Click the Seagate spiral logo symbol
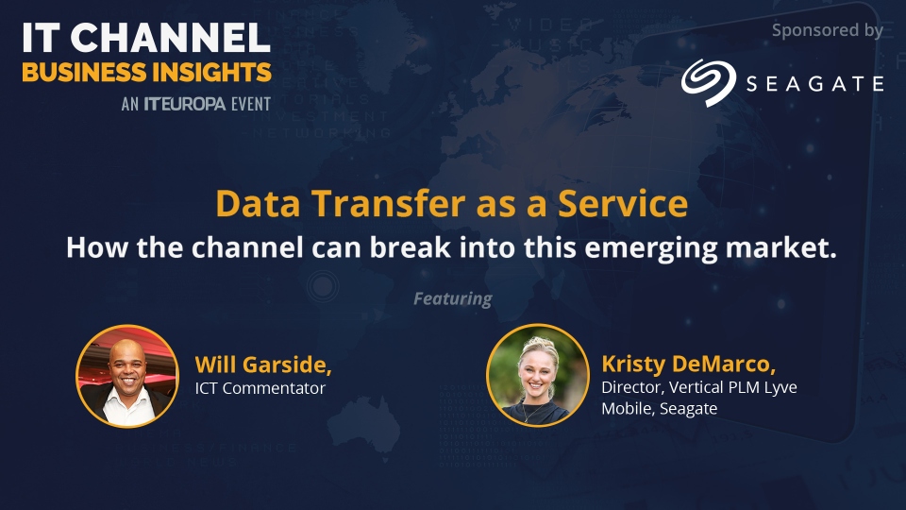[709, 82]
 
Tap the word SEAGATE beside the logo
[814, 84]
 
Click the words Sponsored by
[828, 30]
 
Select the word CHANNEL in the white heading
[171, 38]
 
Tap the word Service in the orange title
[623, 204]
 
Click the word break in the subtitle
[411, 247]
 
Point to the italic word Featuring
[453, 299]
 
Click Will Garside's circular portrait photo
[127, 377]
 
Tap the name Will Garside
[263, 365]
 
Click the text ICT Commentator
[260, 388]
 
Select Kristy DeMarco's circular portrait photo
[537, 375]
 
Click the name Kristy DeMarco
[689, 365]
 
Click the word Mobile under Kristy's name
[629, 409]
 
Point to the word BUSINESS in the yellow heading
[84, 73]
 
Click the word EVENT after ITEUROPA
[251, 104]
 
